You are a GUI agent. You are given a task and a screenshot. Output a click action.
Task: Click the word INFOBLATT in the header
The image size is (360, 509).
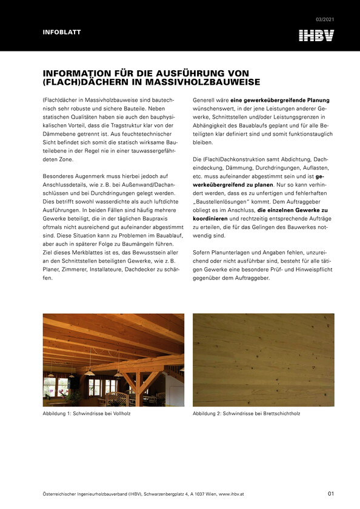tap(61, 32)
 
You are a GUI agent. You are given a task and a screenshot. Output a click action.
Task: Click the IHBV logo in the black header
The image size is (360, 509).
tap(316, 36)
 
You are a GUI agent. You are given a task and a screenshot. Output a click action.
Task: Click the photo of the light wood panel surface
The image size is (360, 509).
tap(263, 360)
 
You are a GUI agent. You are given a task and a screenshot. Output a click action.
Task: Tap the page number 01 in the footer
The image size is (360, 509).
tap(331, 493)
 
